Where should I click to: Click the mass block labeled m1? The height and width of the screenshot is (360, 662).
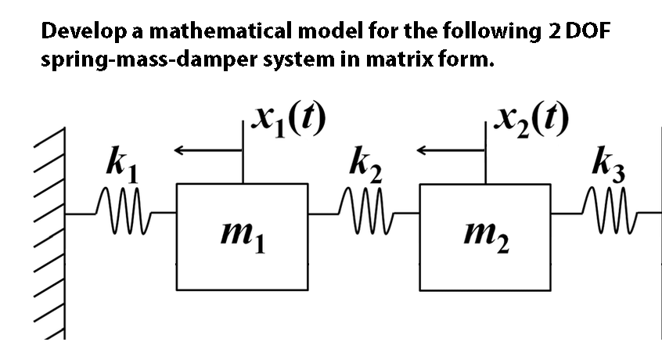pyautogui.click(x=242, y=237)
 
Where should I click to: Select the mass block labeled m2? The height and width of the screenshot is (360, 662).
pyautogui.click(x=484, y=237)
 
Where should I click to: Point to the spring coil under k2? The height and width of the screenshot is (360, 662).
pyautogui.click(x=365, y=211)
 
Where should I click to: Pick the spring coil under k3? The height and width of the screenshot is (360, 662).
pyautogui.click(x=609, y=211)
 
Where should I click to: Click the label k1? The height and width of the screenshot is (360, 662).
pyautogui.click(x=121, y=164)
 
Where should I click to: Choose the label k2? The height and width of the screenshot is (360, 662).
pyautogui.click(x=365, y=164)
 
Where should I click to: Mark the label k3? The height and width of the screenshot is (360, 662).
pyautogui.click(x=608, y=164)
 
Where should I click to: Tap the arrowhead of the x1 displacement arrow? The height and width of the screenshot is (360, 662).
pyautogui.click(x=179, y=149)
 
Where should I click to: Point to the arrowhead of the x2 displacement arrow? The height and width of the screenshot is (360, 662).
pyautogui.click(x=423, y=149)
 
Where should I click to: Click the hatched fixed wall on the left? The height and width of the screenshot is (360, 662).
pyautogui.click(x=50, y=233)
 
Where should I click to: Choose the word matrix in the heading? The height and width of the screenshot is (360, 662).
pyautogui.click(x=399, y=59)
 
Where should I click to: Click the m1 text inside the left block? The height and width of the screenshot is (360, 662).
pyautogui.click(x=243, y=236)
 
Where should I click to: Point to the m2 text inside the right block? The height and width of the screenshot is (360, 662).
pyautogui.click(x=487, y=236)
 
